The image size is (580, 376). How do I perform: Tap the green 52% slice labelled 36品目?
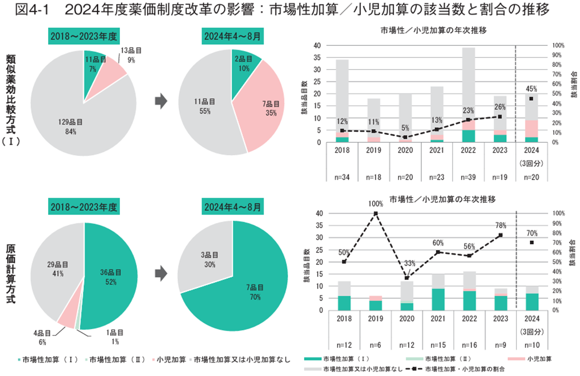click(x=111, y=278)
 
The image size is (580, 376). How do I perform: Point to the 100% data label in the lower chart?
click(x=376, y=204)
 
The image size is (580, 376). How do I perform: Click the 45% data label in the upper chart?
click(x=531, y=89)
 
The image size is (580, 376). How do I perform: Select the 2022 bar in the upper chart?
click(x=469, y=95)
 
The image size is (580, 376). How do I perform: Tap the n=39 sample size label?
click(x=469, y=176)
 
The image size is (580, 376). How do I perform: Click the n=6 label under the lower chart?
click(x=375, y=344)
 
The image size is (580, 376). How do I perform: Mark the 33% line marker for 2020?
click(x=407, y=278)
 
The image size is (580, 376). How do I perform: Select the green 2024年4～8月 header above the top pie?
click(x=232, y=37)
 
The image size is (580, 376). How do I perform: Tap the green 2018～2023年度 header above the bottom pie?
click(x=84, y=207)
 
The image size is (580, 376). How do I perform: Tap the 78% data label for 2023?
click(x=501, y=225)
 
